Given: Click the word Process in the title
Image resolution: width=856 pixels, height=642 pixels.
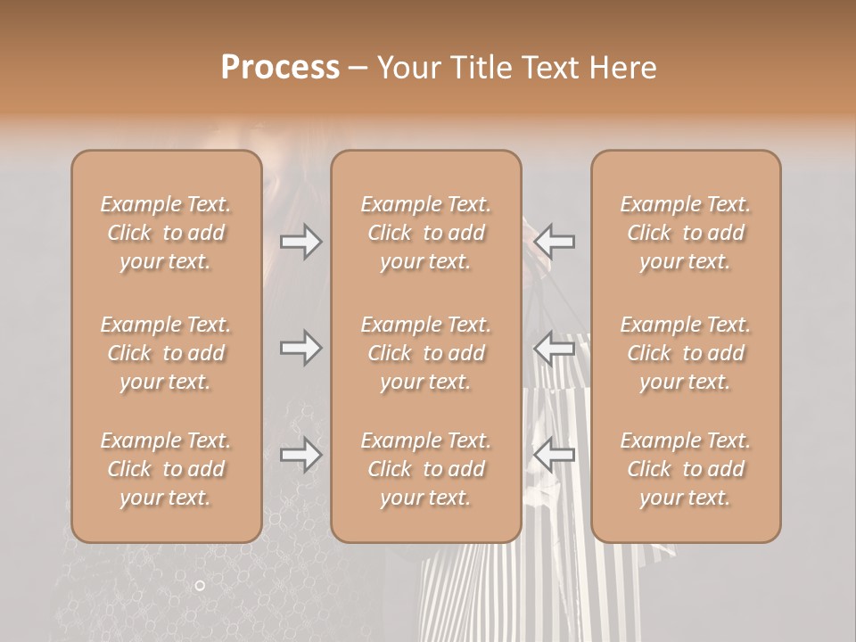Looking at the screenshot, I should [280, 68].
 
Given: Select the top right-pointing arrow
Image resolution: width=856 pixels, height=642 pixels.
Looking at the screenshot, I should [300, 242].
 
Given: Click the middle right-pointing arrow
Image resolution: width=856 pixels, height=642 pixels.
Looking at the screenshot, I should [300, 348].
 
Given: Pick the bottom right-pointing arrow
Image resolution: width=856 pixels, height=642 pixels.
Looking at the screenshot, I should [300, 456].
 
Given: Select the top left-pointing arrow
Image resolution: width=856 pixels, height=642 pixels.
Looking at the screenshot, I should [555, 242].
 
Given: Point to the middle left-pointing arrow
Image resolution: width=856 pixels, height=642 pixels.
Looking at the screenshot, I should [555, 348].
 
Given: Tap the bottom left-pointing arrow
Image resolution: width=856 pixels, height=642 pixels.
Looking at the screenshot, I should [555, 456].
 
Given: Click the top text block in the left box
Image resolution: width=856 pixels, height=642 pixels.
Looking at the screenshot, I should [166, 233].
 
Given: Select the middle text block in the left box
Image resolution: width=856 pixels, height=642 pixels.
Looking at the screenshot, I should [166, 353].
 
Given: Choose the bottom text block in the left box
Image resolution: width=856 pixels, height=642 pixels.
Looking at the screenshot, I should [166, 469].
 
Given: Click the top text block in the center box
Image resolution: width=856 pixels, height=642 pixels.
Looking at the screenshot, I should [425, 233].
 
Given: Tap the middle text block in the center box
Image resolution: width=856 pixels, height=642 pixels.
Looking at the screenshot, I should [425, 353].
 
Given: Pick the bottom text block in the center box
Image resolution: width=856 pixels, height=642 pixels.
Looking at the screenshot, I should [425, 469].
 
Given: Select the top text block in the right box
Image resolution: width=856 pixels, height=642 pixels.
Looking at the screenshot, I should [686, 233].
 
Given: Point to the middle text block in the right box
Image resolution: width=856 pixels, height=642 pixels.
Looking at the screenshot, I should [686, 353].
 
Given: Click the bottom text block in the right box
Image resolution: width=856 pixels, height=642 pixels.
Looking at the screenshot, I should [686, 469].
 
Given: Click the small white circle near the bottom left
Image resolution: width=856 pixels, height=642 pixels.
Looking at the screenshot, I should [200, 585].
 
